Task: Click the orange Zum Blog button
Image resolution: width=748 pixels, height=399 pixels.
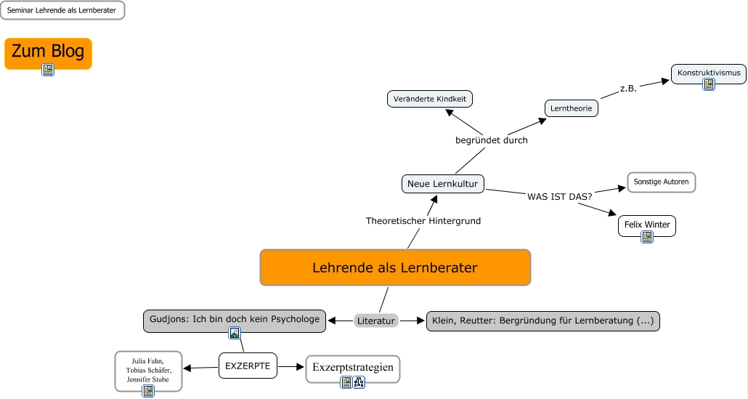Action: [48, 52]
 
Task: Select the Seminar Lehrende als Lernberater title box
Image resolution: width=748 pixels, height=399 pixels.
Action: [62, 10]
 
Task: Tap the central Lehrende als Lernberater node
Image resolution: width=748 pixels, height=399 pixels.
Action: [395, 267]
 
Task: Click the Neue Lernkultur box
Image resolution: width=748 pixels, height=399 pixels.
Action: [442, 184]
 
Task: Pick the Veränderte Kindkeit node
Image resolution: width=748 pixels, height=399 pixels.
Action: [429, 98]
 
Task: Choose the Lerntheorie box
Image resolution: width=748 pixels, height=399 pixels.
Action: [572, 108]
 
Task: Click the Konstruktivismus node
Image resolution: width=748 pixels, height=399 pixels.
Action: [708, 73]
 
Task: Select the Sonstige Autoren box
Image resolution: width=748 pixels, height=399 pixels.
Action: [661, 182]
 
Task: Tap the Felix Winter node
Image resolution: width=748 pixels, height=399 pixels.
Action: [647, 225]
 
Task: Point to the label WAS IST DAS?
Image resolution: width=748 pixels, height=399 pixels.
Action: [559, 196]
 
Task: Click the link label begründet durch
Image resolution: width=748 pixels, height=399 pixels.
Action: [491, 140]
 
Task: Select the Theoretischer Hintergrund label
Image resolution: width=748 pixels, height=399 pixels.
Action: [423, 220]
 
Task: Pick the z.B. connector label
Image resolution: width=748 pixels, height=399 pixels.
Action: [628, 89]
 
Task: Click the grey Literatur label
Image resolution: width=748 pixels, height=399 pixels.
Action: [376, 321]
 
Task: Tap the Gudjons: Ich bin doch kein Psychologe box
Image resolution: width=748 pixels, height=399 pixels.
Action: [234, 319]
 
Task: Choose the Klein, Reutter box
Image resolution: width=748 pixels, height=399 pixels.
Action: [542, 321]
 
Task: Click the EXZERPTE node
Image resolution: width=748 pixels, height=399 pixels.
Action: [248, 366]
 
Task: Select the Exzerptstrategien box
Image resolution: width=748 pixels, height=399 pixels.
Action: [353, 367]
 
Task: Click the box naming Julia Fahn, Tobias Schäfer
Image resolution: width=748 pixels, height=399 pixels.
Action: [148, 369]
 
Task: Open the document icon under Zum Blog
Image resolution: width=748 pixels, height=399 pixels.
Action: [48, 70]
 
